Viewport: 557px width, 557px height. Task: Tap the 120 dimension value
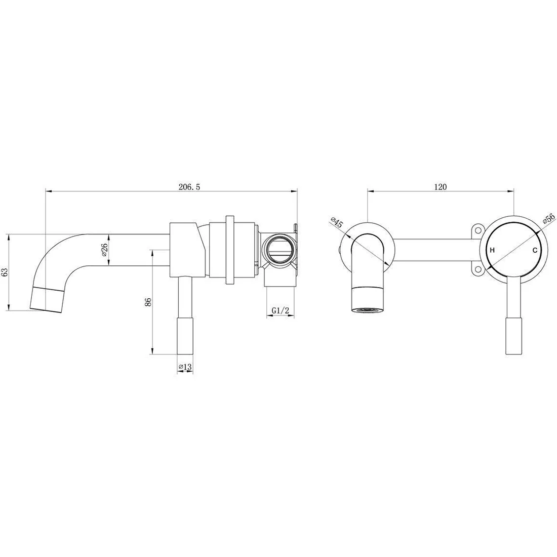pyautogui.click(x=440, y=186)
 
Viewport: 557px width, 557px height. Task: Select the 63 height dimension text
pyautogui.click(x=5, y=272)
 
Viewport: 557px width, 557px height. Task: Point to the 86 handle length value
pyautogui.click(x=148, y=302)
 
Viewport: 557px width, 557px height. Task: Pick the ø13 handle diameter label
pyautogui.click(x=185, y=367)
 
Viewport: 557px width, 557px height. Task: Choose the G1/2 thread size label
pyautogui.click(x=281, y=310)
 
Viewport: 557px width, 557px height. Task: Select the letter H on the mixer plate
pyautogui.click(x=492, y=250)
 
